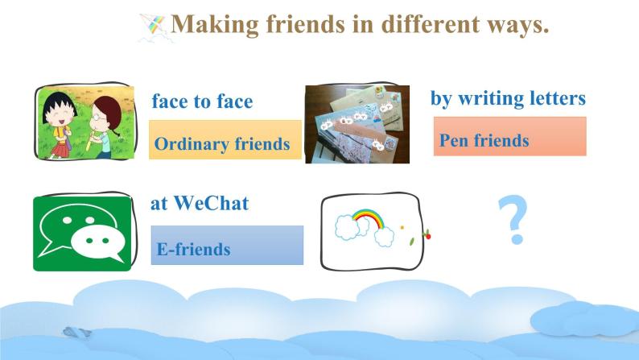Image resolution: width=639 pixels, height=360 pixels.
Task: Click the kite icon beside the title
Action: (155, 27)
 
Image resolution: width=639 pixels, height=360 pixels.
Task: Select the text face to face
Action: (202, 101)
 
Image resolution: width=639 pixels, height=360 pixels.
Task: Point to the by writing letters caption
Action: (507, 98)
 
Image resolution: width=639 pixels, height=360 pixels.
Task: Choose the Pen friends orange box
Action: (509, 137)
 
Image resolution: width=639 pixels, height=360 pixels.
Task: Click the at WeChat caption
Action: (200, 203)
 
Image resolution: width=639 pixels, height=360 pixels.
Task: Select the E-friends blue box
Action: (226, 246)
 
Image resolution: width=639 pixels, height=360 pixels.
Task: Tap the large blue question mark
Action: (513, 220)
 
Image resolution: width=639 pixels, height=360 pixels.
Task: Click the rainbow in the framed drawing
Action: (366, 217)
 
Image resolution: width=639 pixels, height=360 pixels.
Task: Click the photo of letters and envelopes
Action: (357, 124)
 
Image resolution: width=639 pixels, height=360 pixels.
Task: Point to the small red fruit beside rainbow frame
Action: (428, 235)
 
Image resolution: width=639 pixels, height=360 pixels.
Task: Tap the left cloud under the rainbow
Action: (347, 229)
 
